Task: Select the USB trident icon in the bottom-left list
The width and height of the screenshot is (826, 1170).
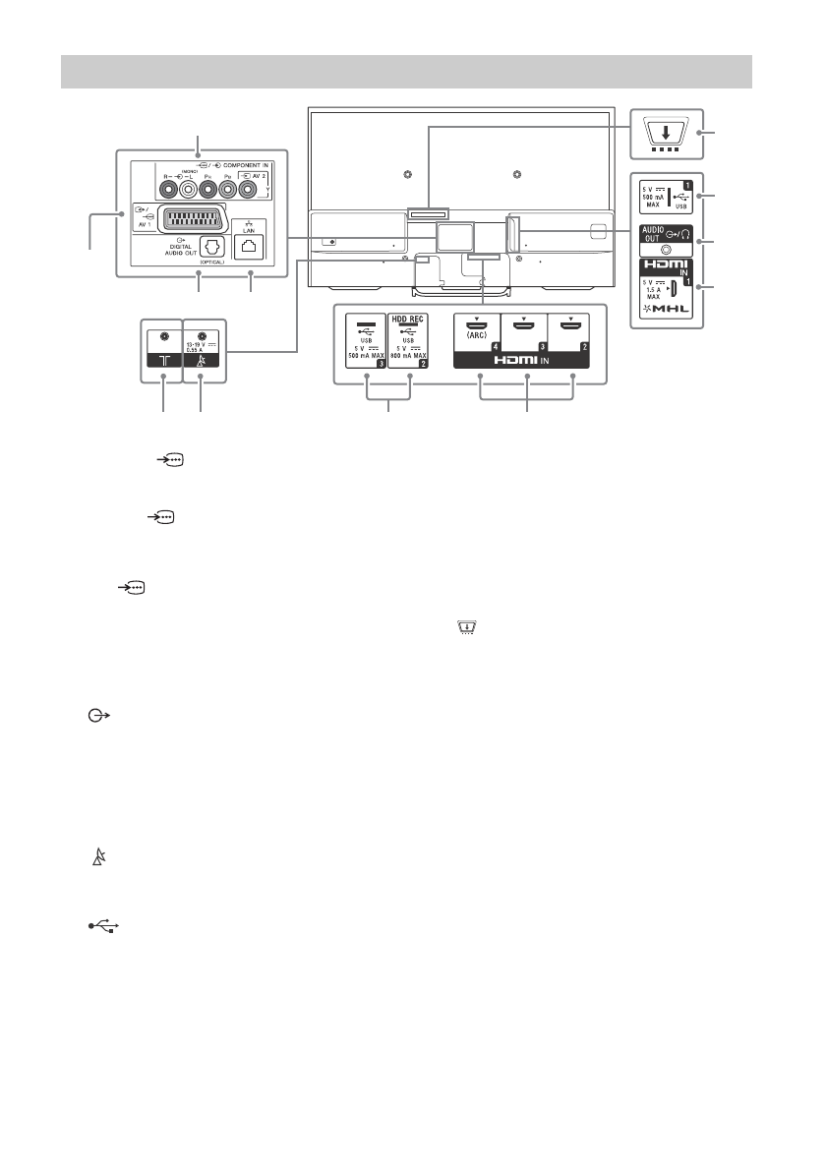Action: point(103,927)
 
